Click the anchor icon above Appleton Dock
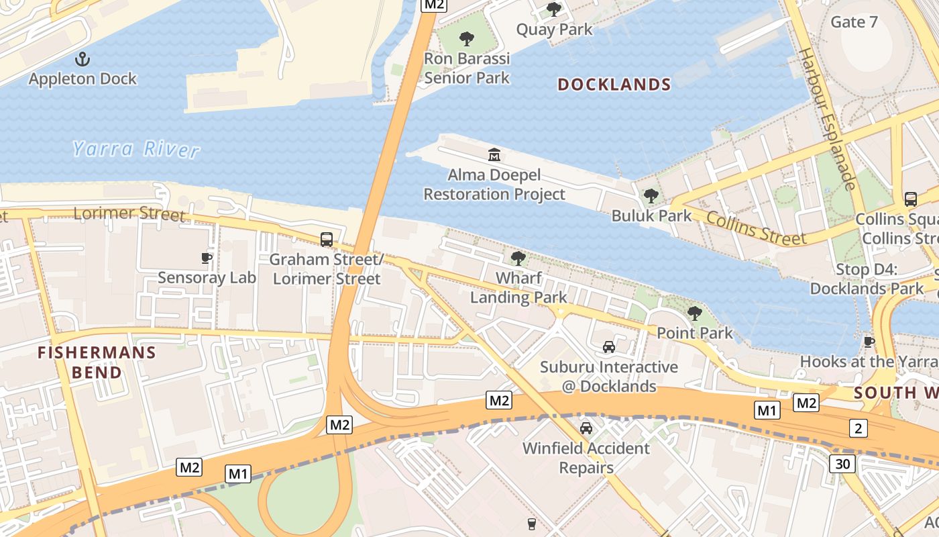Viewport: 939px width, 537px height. click(82, 59)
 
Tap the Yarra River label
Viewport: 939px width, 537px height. click(136, 148)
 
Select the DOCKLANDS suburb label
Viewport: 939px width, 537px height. click(614, 85)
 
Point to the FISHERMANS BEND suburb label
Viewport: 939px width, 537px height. click(97, 362)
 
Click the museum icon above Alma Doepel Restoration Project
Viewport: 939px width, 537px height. click(494, 155)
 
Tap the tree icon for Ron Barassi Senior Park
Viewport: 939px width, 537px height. click(467, 39)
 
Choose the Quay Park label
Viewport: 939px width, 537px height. click(554, 30)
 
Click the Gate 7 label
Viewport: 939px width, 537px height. click(854, 22)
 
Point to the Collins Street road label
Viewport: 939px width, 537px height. click(755, 228)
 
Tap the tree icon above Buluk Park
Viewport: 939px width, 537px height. click(651, 196)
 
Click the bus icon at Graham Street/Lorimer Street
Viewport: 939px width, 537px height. click(327, 240)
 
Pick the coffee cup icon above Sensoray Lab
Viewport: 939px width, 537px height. click(207, 258)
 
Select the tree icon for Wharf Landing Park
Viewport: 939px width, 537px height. click(518, 258)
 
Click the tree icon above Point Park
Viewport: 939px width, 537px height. click(694, 313)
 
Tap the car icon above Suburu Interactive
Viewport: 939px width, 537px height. click(609, 347)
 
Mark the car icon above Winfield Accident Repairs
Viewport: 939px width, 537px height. click(586, 428)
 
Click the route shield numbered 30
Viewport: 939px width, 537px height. click(842, 463)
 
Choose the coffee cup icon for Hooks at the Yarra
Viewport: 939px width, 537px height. click(869, 342)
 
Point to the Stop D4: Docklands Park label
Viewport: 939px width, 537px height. click(867, 279)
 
